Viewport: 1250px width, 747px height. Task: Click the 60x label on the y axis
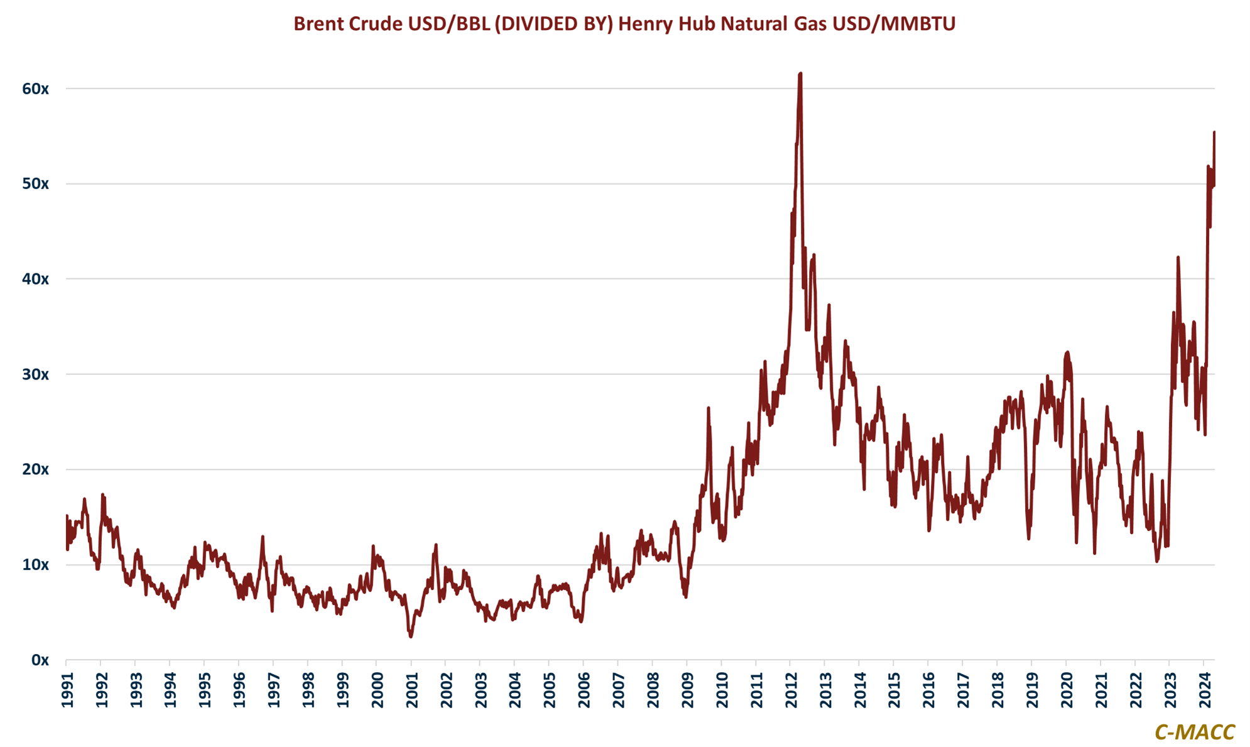(x=35, y=89)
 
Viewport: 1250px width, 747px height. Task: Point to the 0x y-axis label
(x=40, y=660)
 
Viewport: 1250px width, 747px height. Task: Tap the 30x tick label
(x=35, y=374)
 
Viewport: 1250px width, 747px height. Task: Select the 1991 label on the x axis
(x=67, y=690)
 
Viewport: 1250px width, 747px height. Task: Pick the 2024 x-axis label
(x=1205, y=690)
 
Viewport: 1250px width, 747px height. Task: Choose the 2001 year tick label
(x=412, y=690)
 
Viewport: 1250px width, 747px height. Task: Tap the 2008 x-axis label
(x=653, y=690)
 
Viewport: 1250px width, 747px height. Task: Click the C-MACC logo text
(x=1194, y=732)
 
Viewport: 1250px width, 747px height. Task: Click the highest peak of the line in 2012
(x=800, y=74)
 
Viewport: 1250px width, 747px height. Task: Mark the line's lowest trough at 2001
(x=411, y=636)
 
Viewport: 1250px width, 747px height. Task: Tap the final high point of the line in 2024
(x=1214, y=133)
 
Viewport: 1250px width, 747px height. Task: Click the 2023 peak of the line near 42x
(x=1178, y=257)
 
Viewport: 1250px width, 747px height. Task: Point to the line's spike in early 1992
(x=102, y=495)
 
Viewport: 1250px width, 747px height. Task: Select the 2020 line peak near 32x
(x=1067, y=352)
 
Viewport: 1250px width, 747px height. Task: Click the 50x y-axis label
(x=35, y=184)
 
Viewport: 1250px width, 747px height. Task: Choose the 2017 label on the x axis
(x=964, y=690)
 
